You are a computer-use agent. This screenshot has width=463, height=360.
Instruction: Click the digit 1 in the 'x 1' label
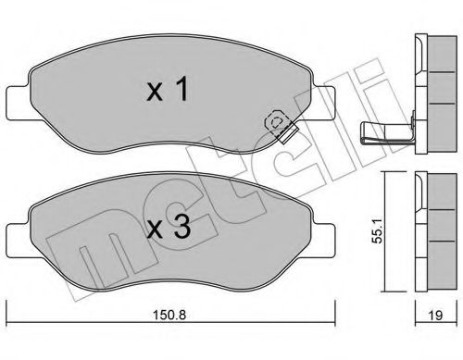pyautogui.click(x=185, y=89)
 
